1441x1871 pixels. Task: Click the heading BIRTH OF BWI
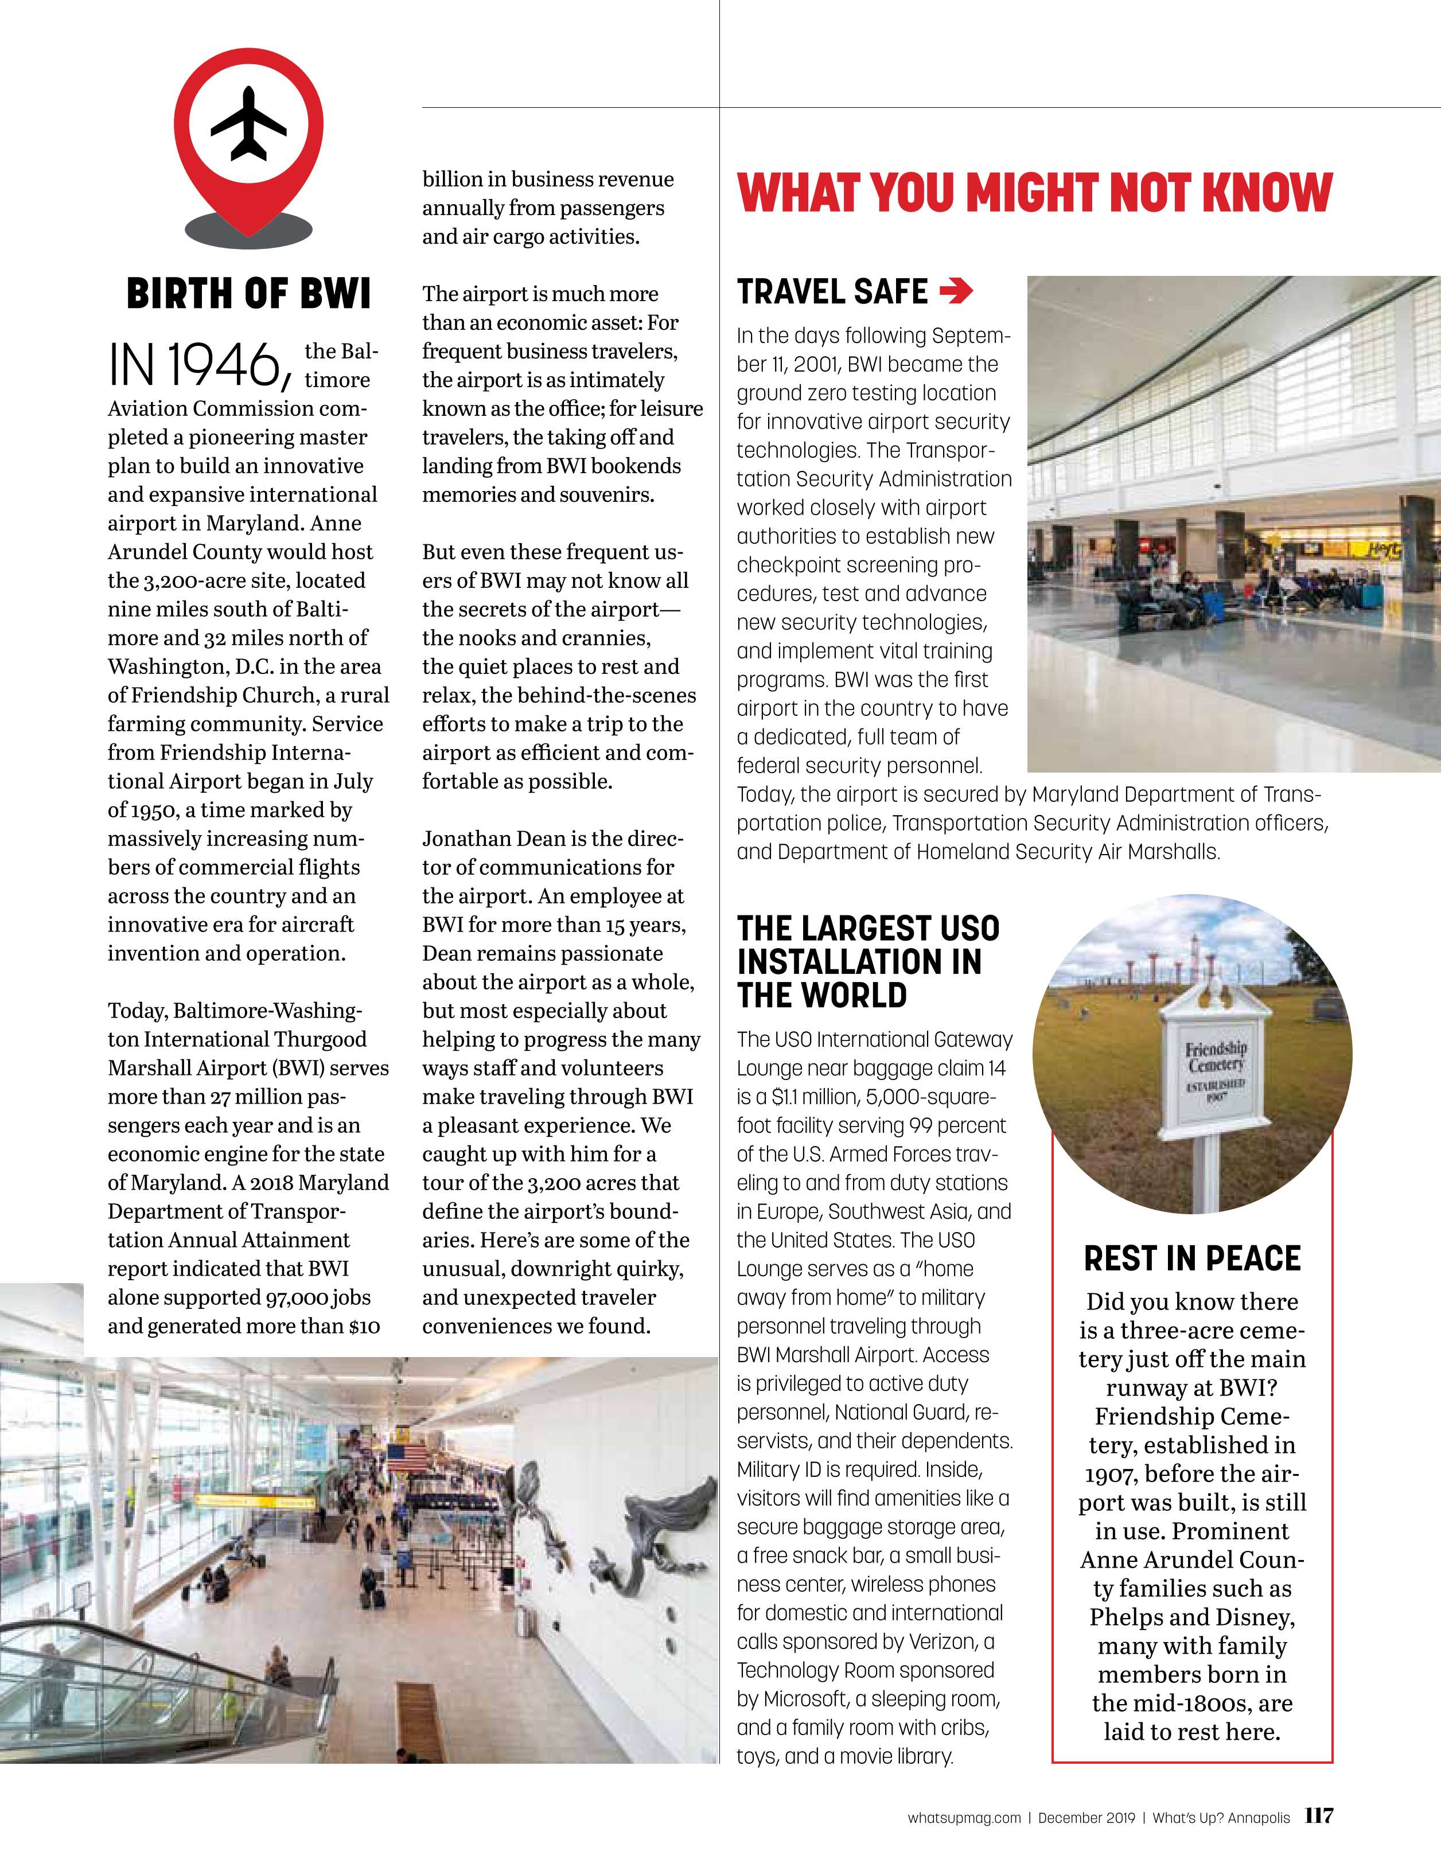click(x=248, y=294)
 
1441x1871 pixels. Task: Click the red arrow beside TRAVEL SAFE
click(x=956, y=293)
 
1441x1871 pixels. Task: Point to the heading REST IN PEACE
click(x=1191, y=1258)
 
